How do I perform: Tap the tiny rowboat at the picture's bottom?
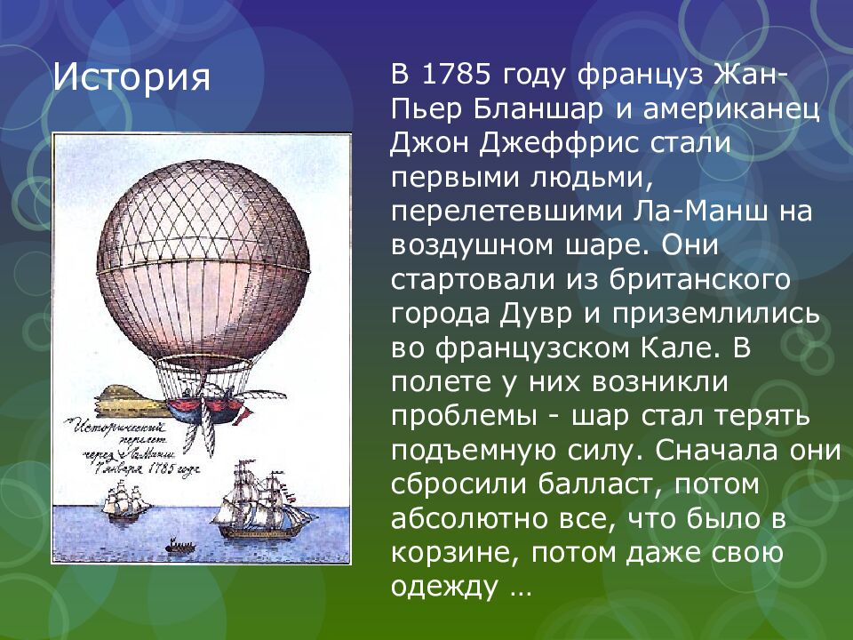(181, 546)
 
